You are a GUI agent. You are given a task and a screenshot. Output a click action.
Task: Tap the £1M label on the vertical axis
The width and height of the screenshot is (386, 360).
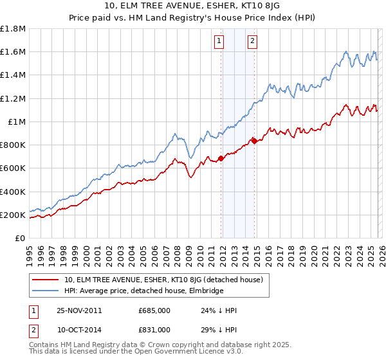[16, 122]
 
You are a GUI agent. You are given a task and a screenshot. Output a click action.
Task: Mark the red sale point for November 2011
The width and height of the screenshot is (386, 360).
[221, 157]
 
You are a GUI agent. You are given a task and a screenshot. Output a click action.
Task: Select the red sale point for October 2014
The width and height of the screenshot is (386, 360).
[254, 141]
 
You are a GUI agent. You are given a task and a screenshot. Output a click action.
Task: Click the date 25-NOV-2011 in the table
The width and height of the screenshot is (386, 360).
[80, 310]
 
